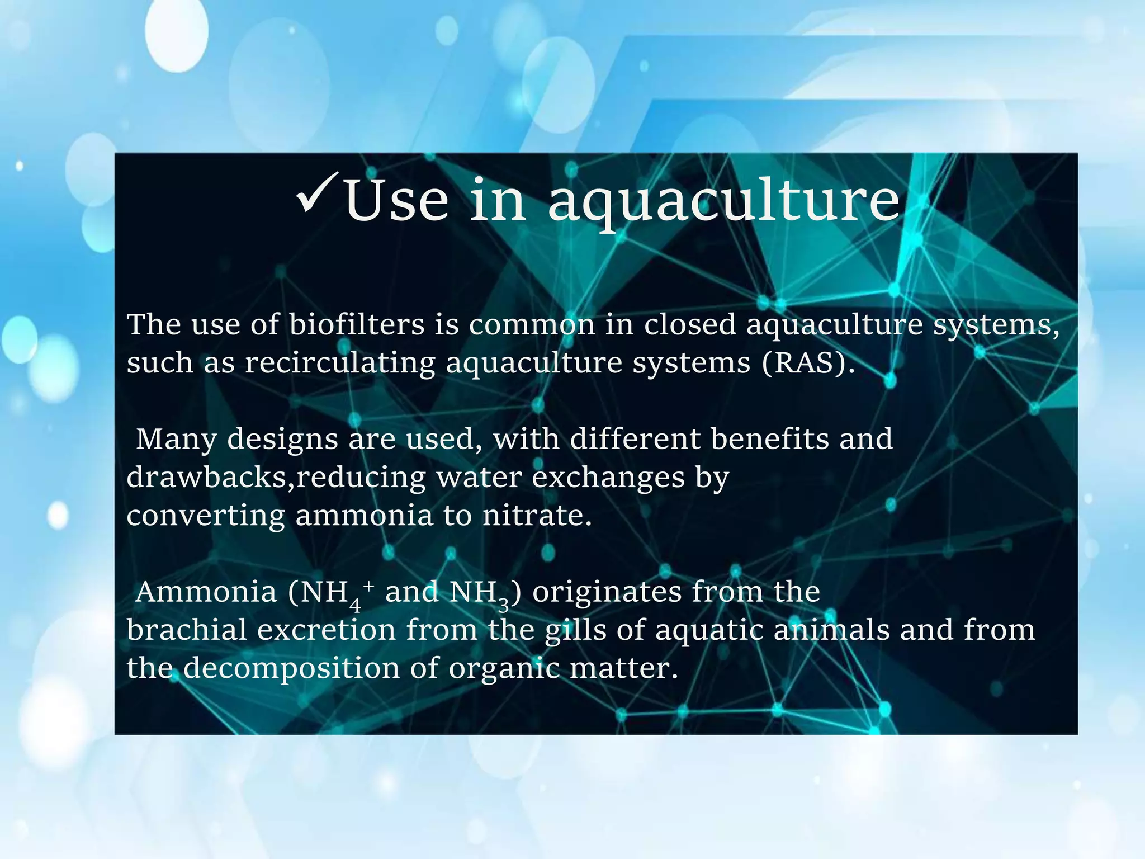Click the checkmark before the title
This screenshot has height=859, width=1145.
point(316,195)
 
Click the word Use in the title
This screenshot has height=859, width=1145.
point(396,200)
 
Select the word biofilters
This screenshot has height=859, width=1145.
point(357,324)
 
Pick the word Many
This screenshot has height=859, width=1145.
point(176,440)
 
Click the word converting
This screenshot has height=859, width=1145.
point(206,516)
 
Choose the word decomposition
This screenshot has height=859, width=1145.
point(291,669)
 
